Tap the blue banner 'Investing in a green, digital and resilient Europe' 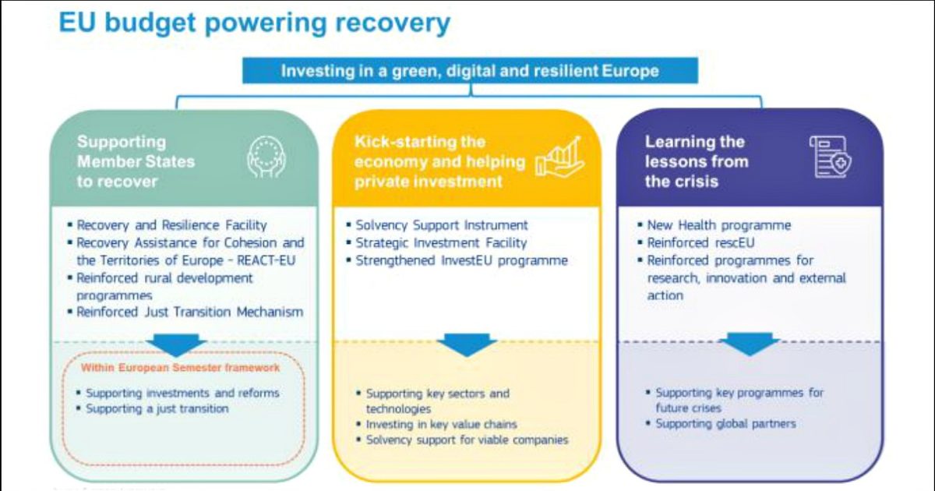tap(470, 71)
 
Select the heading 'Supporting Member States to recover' tap(136, 161)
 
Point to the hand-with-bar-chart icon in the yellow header tap(559, 158)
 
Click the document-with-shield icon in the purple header tap(830, 157)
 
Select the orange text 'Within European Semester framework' tap(181, 367)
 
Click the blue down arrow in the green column tap(176, 344)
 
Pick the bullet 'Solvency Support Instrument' tap(441, 225)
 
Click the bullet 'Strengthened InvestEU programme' tap(460, 260)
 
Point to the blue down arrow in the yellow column tap(467, 344)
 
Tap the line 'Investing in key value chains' tap(441, 425)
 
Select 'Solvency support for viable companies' tap(467, 440)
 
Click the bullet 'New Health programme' tap(718, 225)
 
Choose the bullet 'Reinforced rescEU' tap(700, 242)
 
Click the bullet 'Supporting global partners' tap(725, 424)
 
